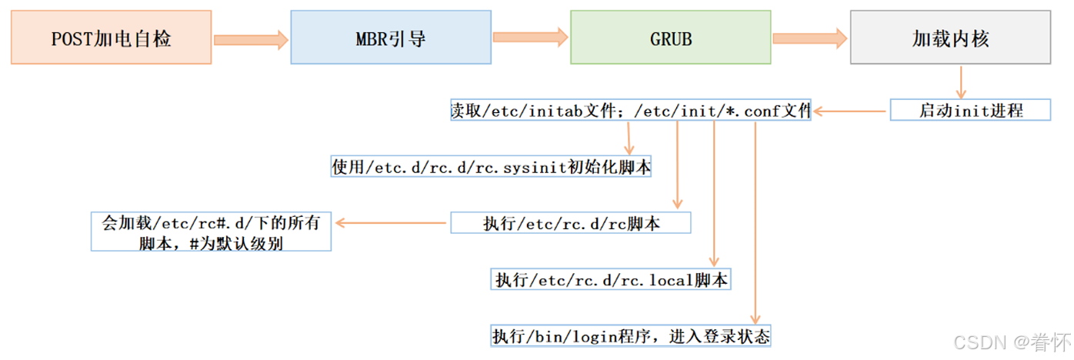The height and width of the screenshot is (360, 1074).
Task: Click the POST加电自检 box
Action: coord(111,38)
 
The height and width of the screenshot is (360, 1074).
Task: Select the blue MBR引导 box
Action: coord(391,38)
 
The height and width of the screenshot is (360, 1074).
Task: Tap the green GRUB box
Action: coord(670,38)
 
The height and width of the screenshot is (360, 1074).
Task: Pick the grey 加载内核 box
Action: coord(950,38)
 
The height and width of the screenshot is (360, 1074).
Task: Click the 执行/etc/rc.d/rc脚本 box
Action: coord(570,223)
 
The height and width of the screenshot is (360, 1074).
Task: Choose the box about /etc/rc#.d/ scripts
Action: coord(211,231)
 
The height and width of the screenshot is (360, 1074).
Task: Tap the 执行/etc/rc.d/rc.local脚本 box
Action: coord(610,279)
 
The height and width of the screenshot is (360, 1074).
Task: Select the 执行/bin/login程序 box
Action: coord(631,336)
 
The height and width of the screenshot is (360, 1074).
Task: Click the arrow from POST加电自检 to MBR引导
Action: coord(251,38)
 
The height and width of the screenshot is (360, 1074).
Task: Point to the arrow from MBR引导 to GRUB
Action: coord(530,37)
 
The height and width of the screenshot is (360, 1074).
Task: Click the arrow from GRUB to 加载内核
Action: coord(810,37)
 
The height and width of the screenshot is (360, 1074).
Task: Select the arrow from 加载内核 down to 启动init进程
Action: coord(961,82)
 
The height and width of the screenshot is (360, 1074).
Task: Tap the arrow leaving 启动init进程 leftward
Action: coord(850,112)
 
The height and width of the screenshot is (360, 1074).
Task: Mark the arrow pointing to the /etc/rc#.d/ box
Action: coord(391,223)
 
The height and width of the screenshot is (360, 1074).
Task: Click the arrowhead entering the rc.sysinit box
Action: coord(629,149)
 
